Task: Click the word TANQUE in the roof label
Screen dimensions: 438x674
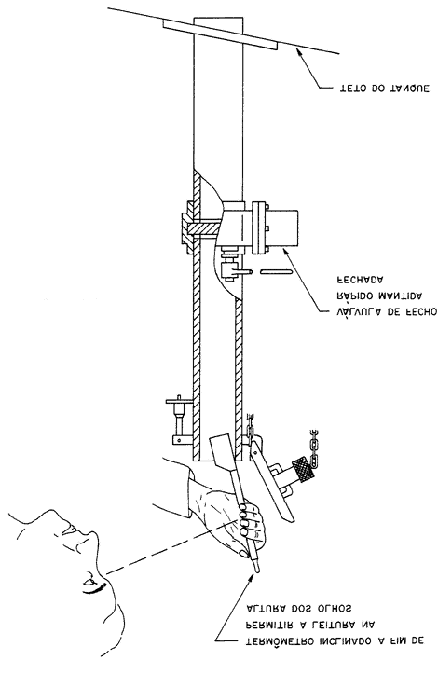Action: [x=409, y=89]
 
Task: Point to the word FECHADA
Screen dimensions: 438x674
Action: [x=359, y=280]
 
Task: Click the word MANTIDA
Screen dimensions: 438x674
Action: [x=400, y=296]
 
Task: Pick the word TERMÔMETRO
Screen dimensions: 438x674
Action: [x=280, y=640]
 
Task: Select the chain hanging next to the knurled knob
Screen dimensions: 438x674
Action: [x=315, y=448]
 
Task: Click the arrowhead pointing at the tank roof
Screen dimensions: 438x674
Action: [x=297, y=52]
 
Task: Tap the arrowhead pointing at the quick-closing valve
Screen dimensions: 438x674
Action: [x=286, y=254]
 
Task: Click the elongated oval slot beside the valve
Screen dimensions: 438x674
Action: [x=277, y=271]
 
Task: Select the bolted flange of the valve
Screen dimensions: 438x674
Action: [x=260, y=227]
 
